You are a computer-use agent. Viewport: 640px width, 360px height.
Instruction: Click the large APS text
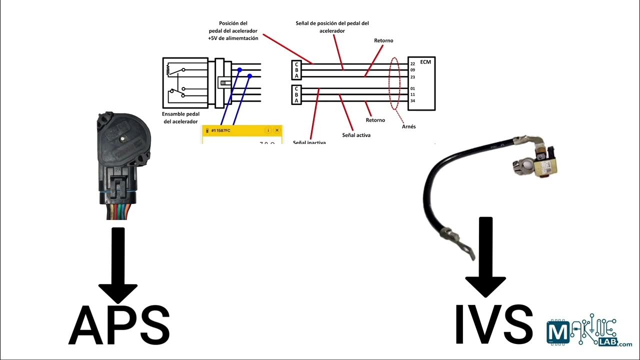(x=119, y=325)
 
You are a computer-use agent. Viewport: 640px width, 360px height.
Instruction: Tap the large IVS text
(x=493, y=325)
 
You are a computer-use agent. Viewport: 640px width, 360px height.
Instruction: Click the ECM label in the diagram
(x=425, y=62)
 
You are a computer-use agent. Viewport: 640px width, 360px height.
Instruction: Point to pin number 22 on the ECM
(x=412, y=64)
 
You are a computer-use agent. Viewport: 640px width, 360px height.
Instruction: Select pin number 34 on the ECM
(x=412, y=101)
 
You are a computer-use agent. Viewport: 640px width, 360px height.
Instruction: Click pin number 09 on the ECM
(x=412, y=70)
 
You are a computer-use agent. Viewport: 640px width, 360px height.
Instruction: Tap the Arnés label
(x=408, y=126)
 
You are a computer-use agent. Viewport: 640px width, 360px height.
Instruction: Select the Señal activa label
(x=356, y=135)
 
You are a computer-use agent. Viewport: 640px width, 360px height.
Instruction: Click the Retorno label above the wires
(x=383, y=40)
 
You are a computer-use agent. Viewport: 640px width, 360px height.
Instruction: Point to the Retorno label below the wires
(x=375, y=120)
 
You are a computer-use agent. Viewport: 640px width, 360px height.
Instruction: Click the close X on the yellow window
(x=277, y=130)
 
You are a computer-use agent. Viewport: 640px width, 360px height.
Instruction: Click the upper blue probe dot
(x=239, y=70)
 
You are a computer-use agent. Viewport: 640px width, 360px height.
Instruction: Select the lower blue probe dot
(x=250, y=76)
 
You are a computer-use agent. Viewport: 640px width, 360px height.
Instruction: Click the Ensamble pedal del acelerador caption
(x=181, y=117)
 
